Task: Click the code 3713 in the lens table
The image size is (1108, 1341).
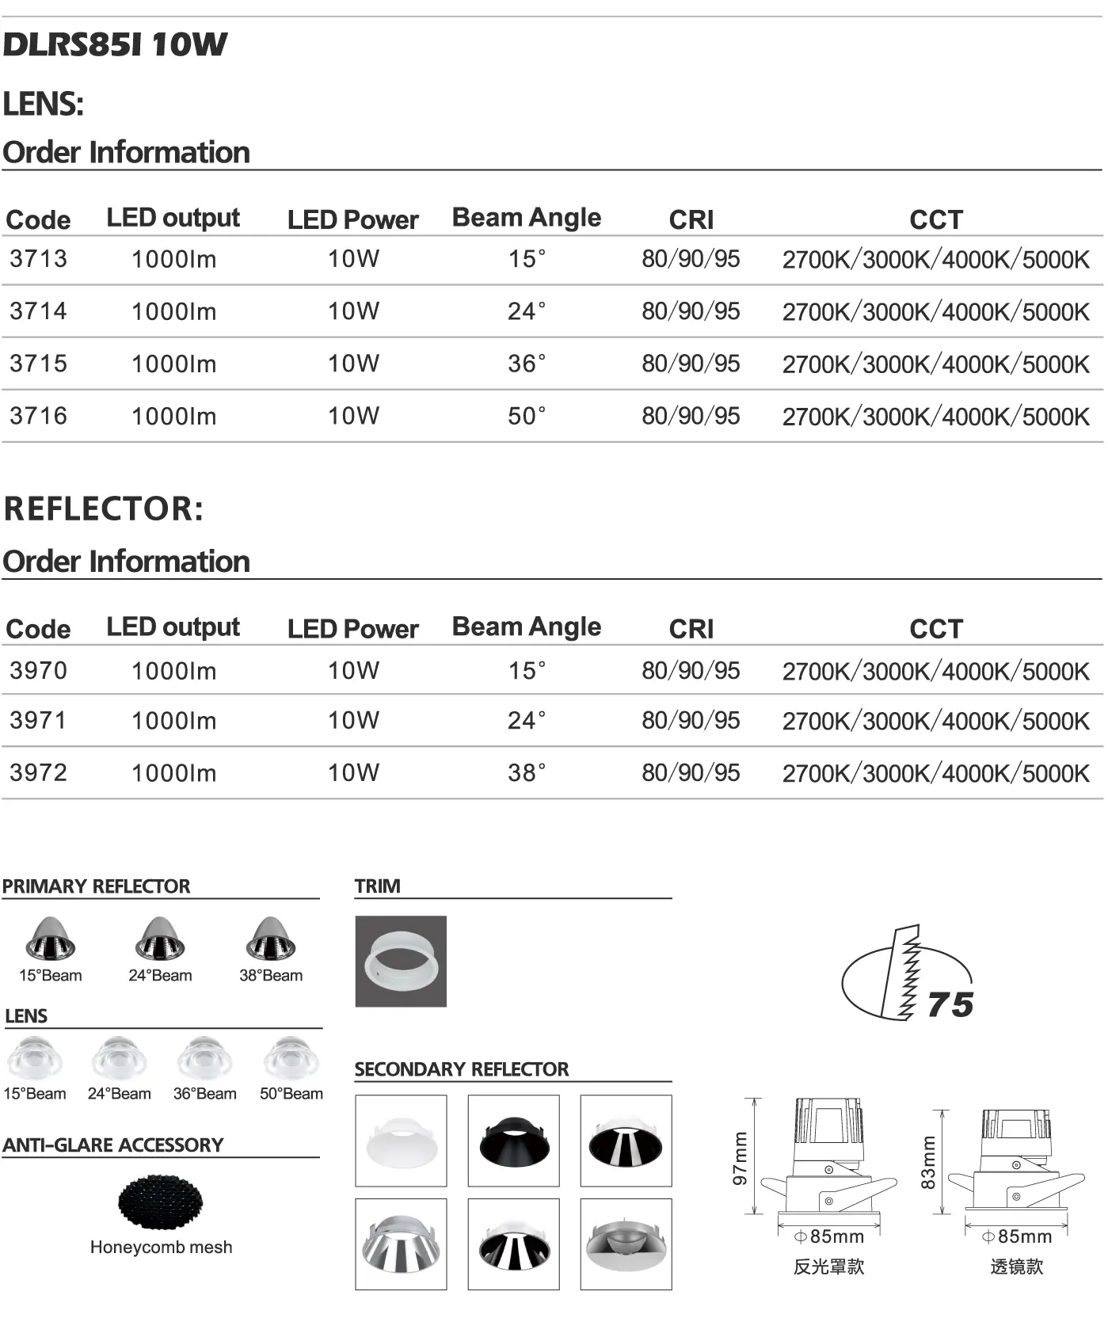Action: click(38, 259)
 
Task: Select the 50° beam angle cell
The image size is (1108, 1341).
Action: click(527, 416)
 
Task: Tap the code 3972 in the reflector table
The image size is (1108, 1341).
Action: click(38, 772)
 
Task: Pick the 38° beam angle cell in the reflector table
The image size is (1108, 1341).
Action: click(527, 772)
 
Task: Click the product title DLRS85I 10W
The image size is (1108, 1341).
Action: click(115, 44)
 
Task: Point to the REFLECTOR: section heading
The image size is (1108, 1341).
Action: click(104, 509)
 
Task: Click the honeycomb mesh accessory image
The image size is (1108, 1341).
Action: click(161, 1202)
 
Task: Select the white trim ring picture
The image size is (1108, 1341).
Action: click(401, 962)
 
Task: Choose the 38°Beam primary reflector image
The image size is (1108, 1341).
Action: click(271, 939)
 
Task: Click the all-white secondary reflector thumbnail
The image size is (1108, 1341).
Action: click(401, 1141)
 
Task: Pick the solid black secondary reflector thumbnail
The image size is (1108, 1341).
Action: click(513, 1141)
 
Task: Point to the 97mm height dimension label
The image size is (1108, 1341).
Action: click(740, 1158)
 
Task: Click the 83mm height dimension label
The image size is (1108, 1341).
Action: click(928, 1163)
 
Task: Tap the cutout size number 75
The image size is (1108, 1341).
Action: click(950, 1005)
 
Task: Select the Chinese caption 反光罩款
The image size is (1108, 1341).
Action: click(828, 1267)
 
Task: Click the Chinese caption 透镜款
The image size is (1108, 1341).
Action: click(1016, 1267)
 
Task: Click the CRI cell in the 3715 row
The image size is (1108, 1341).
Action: click(691, 364)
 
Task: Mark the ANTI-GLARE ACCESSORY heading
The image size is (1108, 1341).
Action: click(113, 1145)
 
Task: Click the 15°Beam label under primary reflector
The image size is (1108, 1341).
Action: click(51, 976)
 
